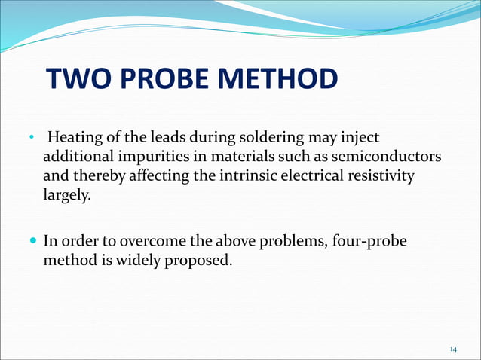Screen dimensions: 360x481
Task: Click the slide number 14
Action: (453, 349)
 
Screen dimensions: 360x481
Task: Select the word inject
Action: (360, 139)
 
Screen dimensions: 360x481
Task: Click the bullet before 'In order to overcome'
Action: (32, 241)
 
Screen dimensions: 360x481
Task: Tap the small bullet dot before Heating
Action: (32, 139)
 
